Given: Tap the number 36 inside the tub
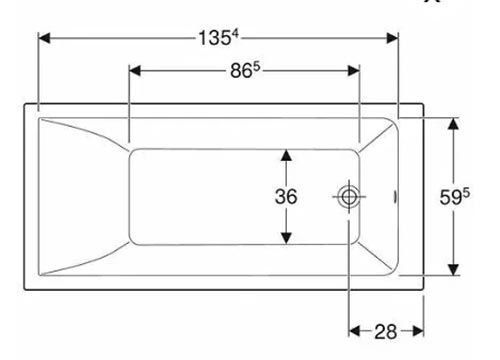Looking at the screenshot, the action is pos(286,196).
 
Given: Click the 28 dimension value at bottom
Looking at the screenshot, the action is pos(386,332).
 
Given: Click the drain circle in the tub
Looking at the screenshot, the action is pos(349,197).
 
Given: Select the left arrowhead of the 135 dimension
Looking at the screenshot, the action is pos(44,38).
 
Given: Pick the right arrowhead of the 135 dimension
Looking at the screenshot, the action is pos(392,38).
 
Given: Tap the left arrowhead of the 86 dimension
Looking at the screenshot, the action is pos(135,70).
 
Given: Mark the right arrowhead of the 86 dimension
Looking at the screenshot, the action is pos(354,70).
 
